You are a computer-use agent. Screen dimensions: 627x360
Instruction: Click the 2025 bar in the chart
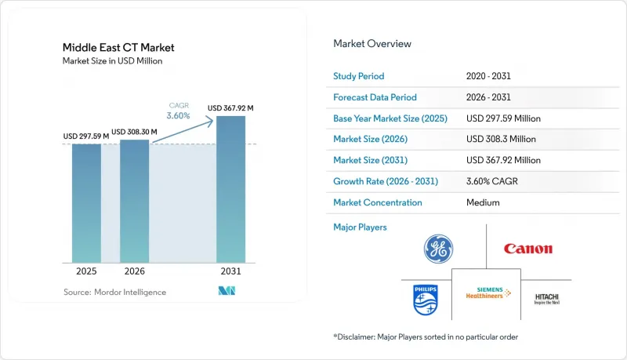(86, 203)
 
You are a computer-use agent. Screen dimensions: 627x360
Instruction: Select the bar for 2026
(134, 202)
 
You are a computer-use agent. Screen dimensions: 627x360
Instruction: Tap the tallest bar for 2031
(230, 189)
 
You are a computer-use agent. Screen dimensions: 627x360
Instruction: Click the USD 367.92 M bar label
(230, 108)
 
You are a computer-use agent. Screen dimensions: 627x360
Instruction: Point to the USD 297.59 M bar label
(86, 136)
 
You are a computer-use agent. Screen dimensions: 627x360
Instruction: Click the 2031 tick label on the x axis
(230, 271)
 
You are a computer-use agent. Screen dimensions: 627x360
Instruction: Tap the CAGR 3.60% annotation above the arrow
(179, 111)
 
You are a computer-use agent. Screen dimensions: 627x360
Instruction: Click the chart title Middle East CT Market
(118, 48)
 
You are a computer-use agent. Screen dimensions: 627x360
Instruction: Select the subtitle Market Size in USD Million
(112, 61)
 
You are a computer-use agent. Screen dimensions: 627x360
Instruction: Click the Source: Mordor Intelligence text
(114, 292)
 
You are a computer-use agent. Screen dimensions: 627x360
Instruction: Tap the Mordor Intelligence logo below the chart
(227, 291)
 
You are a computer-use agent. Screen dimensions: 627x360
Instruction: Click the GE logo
(438, 249)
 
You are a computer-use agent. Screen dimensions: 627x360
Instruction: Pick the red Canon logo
(527, 249)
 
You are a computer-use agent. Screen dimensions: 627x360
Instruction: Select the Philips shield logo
(426, 300)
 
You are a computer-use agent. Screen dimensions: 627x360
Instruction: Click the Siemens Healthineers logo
(488, 293)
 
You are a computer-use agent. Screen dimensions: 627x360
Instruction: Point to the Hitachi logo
(546, 299)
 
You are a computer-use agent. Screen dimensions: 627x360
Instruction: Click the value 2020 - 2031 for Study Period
(488, 76)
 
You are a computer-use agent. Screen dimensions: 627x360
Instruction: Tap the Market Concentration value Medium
(483, 202)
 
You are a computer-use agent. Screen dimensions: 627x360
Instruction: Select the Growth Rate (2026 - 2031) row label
(386, 181)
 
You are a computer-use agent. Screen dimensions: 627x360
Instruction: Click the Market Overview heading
(372, 44)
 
